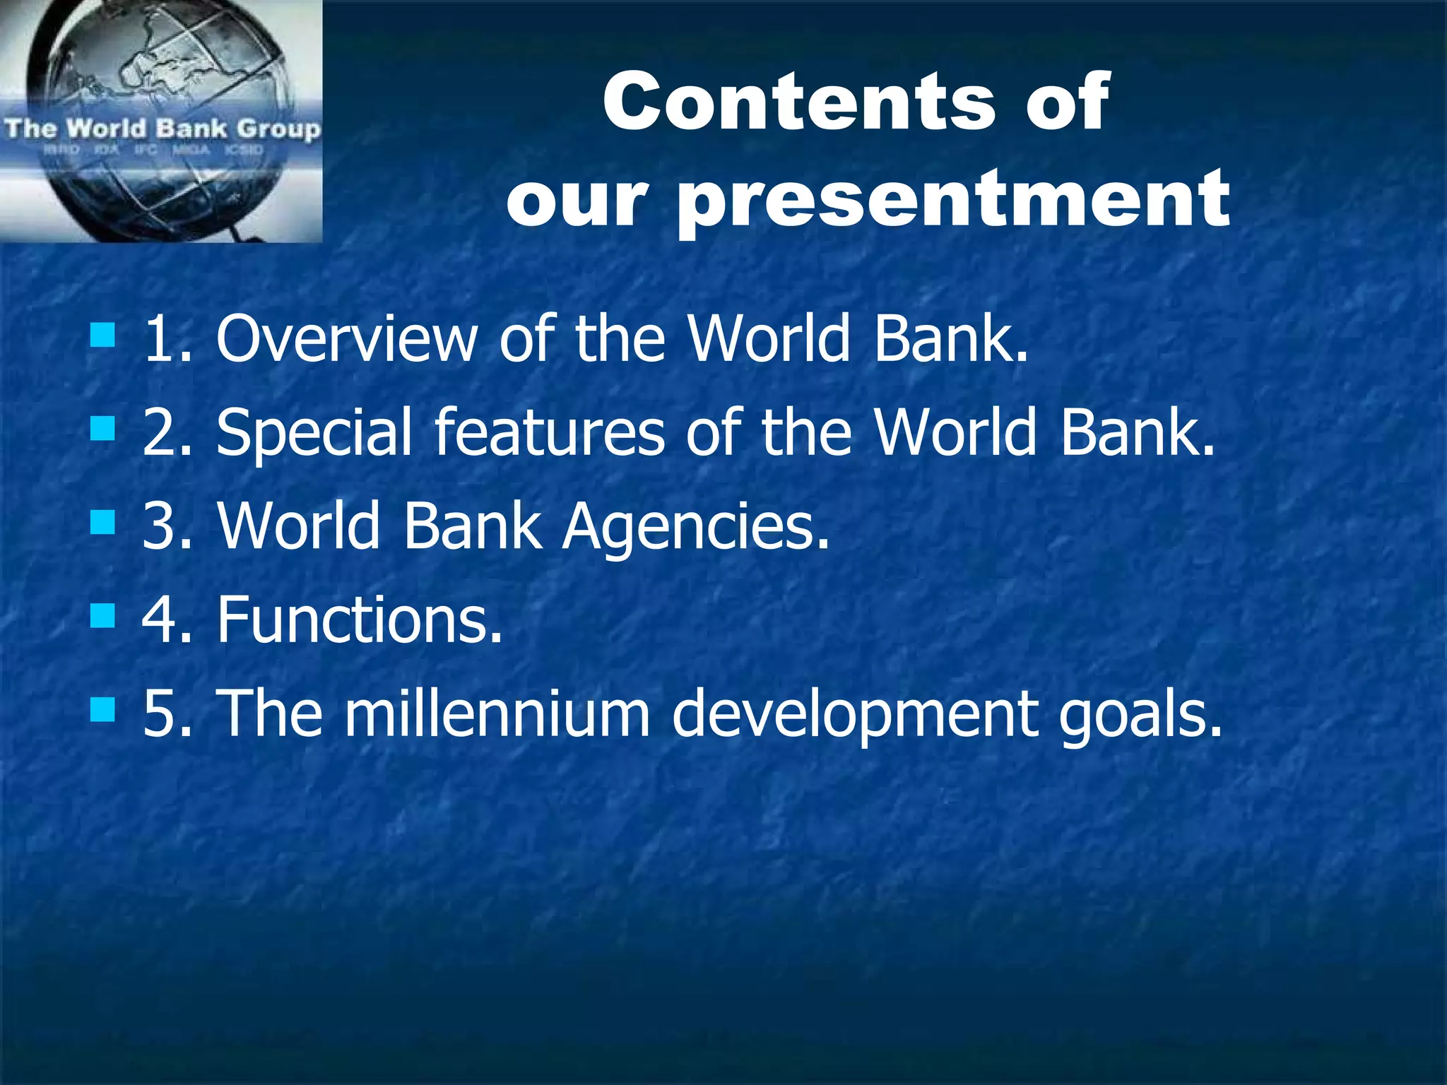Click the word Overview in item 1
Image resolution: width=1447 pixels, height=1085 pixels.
(346, 338)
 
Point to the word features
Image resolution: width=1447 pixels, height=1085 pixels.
(548, 432)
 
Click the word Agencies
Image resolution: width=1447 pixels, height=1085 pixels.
(695, 526)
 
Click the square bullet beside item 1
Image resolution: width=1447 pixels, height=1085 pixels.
(102, 335)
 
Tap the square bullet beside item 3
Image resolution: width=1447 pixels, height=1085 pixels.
(102, 523)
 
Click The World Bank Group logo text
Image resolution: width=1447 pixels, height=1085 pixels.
(162, 129)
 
